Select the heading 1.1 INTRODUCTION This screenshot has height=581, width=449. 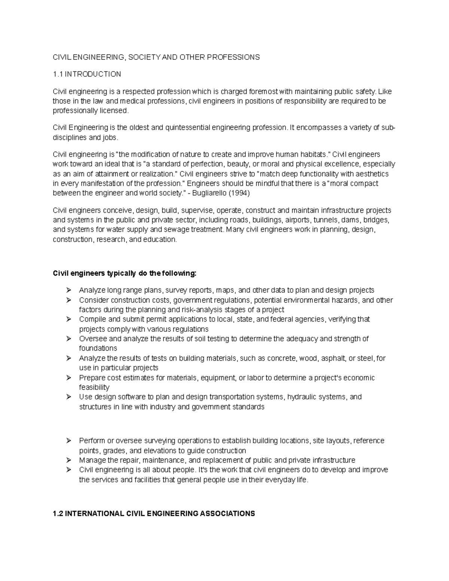coord(87,74)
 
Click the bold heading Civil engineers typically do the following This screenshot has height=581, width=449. coord(125,273)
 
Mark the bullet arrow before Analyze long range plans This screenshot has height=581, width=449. coord(68,290)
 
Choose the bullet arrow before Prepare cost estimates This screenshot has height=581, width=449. coord(68,378)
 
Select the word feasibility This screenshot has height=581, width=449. coord(94,387)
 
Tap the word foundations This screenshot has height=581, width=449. coord(98,348)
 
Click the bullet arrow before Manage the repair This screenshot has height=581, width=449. coord(68,460)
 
